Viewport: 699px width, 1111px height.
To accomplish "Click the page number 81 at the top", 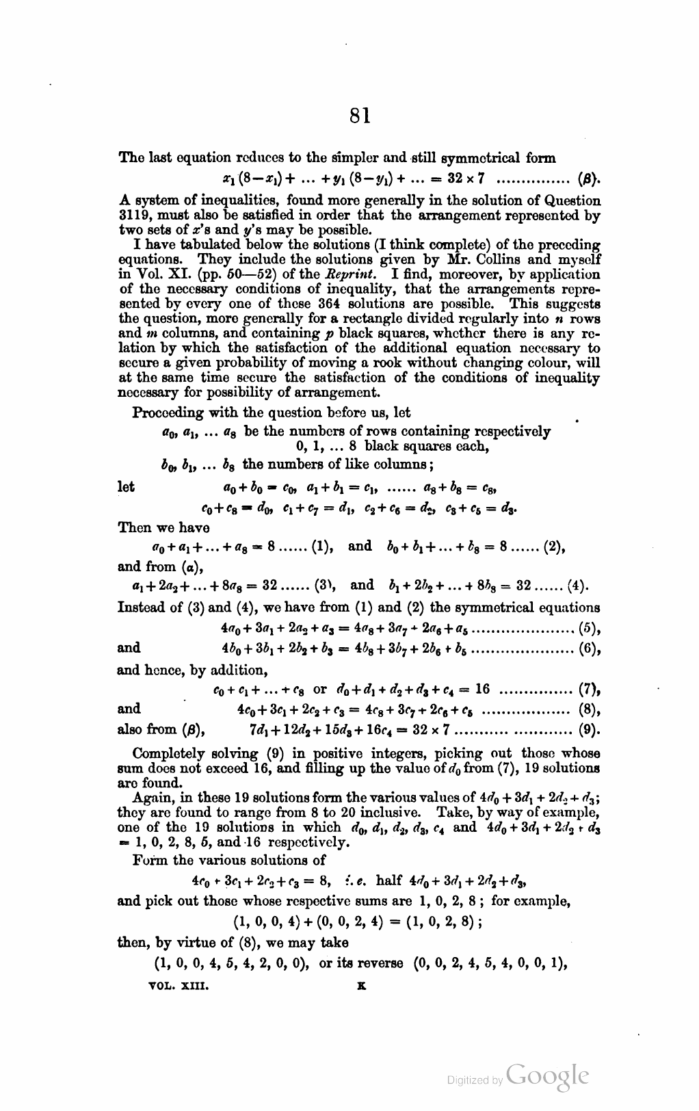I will (358, 116).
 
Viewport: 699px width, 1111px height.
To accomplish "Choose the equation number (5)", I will (590, 626).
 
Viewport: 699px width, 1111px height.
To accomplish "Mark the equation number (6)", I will (590, 648).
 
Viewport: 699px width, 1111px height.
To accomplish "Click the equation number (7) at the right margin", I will (590, 688).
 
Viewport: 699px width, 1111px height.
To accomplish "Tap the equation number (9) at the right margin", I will (590, 729).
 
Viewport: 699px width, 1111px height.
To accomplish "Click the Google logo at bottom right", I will (546, 1076).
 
